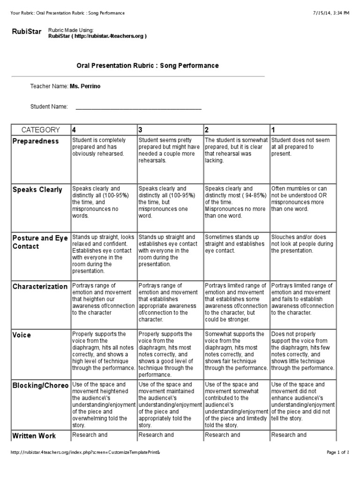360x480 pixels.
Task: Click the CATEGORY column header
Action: pyautogui.click(x=41, y=130)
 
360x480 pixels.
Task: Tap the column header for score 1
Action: pyautogui.click(x=274, y=130)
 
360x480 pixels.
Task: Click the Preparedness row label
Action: pyautogui.click(x=36, y=141)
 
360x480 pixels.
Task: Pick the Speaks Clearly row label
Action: pyautogui.click(x=37, y=190)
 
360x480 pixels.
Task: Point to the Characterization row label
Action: pyautogui.click(x=40, y=286)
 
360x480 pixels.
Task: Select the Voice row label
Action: pyautogui.click(x=22, y=335)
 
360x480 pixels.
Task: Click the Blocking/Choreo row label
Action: pyautogui.click(x=40, y=385)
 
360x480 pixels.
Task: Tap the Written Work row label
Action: pyautogui.click(x=34, y=436)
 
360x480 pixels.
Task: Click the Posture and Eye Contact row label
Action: pyautogui.click(x=40, y=242)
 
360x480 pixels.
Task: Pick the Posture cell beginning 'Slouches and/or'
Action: pyautogui.click(x=302, y=244)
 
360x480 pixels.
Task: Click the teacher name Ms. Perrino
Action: pyautogui.click(x=85, y=86)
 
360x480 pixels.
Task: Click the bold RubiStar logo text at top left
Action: pyautogui.click(x=26, y=32)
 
